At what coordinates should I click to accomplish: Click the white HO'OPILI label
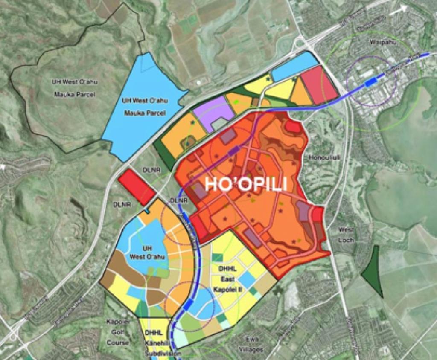[245, 184]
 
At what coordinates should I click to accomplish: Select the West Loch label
[346, 235]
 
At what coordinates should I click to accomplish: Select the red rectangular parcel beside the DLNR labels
[136, 186]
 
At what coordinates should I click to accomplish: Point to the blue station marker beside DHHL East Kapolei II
[188, 304]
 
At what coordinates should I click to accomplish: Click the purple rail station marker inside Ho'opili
[234, 151]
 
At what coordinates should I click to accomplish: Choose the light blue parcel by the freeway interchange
[294, 66]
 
